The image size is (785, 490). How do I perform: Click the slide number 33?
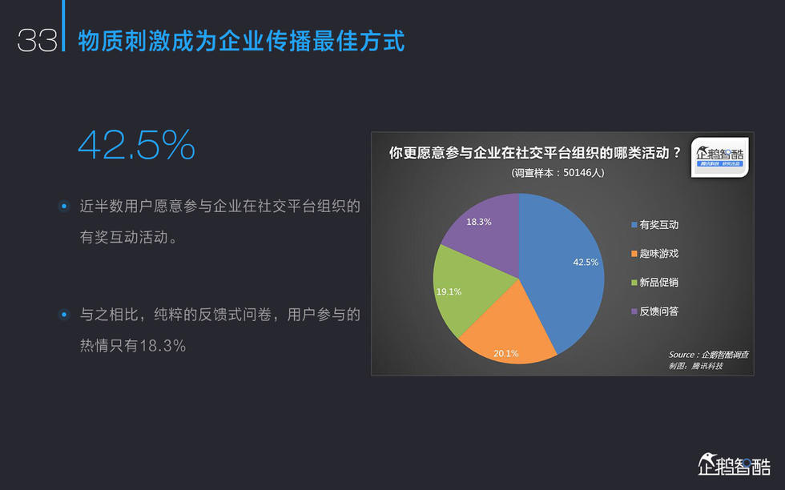click(38, 41)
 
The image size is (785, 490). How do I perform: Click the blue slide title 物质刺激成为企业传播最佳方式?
click(241, 41)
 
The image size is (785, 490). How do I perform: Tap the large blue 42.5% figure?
click(137, 145)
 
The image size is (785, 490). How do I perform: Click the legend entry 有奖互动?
click(655, 225)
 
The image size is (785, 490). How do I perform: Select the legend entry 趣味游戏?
click(655, 253)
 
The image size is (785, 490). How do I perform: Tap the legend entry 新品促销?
click(655, 283)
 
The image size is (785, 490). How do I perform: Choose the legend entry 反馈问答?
click(655, 311)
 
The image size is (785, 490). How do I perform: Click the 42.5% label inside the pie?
click(586, 262)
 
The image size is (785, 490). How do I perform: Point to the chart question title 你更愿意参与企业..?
click(535, 153)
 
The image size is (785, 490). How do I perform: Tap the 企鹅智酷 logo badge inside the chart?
click(719, 157)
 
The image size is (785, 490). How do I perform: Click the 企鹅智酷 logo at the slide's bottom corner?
click(735, 464)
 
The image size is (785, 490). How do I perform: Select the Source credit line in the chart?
click(708, 355)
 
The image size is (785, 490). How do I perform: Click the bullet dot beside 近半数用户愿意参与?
click(64, 207)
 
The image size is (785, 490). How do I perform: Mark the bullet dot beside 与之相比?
click(64, 315)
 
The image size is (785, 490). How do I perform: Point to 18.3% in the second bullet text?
click(163, 346)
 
